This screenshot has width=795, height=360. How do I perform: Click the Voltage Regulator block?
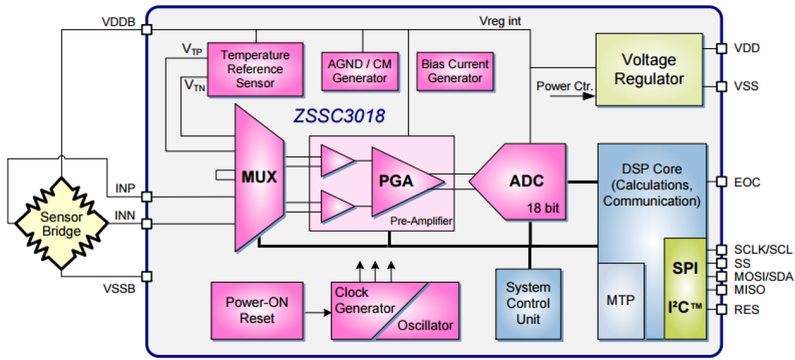point(649,70)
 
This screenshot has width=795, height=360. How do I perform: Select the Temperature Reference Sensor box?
point(255,69)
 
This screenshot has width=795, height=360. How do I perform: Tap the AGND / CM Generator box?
point(360,71)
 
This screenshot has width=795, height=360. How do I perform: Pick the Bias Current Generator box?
point(454,71)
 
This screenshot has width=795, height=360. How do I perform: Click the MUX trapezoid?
point(258,177)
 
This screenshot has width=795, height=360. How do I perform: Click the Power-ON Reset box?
point(256,310)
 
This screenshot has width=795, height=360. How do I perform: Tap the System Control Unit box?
point(528,304)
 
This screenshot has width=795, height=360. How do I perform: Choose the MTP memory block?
point(620,301)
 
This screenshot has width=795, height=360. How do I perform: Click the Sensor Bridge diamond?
point(61,223)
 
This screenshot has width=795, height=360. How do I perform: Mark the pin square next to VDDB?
point(146,29)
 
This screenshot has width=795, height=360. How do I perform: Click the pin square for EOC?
point(720,182)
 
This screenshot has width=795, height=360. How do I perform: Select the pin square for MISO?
point(720,290)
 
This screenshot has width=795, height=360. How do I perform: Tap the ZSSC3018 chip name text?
point(339,116)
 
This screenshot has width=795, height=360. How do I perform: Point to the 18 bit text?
point(546,208)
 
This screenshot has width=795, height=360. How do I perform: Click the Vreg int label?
point(500,22)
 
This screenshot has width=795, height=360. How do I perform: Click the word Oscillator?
point(425,326)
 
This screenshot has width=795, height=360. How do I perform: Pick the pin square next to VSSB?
point(146,276)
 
